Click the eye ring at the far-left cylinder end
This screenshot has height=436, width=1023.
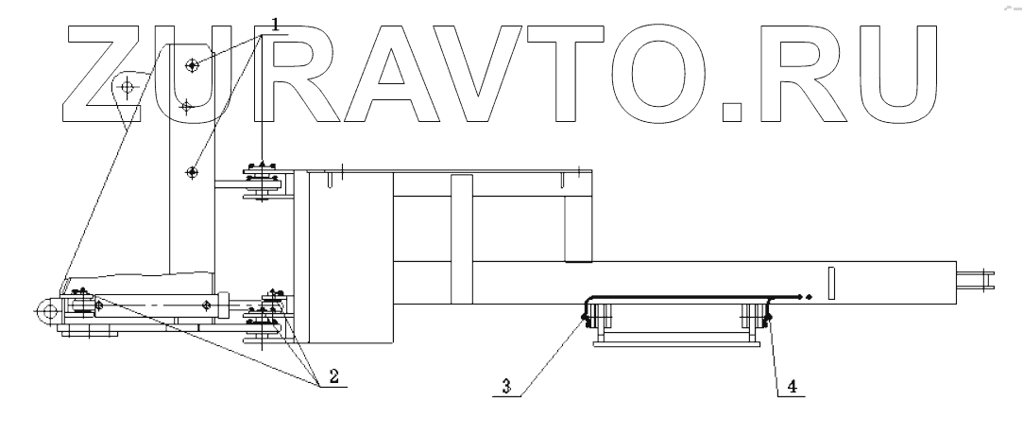43,308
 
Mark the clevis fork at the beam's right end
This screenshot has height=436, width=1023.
977,279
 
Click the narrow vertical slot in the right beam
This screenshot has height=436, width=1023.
830,284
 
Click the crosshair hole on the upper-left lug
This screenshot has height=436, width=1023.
128,88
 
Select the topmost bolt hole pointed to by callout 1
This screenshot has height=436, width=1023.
193,65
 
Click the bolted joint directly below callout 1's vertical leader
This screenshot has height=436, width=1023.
262,181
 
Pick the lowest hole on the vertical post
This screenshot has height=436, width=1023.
192,172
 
